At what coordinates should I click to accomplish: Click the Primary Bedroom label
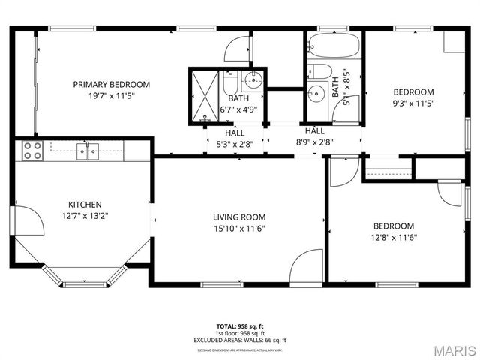(x=111, y=84)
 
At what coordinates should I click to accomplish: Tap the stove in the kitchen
(x=32, y=151)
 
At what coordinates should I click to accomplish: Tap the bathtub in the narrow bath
(x=334, y=46)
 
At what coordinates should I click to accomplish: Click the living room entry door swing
(x=307, y=265)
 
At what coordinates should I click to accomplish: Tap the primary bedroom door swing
(x=238, y=49)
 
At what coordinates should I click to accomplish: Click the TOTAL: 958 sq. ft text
(x=240, y=326)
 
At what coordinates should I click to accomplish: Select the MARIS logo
(x=451, y=349)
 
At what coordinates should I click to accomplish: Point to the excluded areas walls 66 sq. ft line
(x=240, y=340)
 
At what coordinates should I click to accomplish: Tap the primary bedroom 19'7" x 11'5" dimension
(x=111, y=96)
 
